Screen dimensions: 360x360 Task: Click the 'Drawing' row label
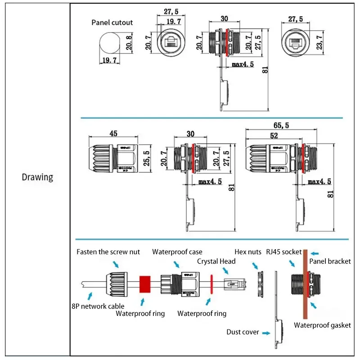[x=37, y=177]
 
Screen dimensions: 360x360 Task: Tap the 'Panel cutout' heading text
[x=112, y=22]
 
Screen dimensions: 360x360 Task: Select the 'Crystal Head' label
[x=216, y=261]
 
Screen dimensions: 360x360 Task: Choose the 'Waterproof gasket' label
[x=322, y=325]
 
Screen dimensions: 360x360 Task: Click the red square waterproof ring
[x=144, y=284]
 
